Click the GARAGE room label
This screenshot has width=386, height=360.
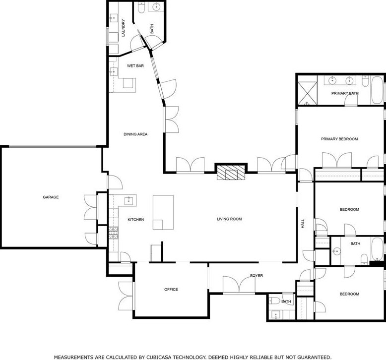51,197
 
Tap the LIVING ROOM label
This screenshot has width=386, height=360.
229,219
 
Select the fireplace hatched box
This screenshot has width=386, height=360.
231,173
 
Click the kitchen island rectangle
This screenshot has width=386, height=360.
163,212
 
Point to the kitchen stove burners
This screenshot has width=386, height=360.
114,233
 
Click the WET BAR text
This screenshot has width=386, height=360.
135,65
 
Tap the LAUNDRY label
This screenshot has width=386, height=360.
124,28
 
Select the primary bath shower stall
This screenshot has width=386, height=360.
308,94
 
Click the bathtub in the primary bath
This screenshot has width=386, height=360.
377,90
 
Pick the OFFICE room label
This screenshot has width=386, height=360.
171,290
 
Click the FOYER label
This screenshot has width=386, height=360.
257,276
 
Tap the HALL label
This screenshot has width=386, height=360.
303,224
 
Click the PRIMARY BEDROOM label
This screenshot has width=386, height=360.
339,139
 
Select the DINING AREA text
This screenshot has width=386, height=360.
135,134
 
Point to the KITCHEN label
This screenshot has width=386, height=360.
135,220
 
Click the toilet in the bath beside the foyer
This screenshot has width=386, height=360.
274,300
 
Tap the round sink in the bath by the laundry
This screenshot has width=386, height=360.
157,6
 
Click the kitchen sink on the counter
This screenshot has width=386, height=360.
129,201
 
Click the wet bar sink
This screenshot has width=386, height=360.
114,72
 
